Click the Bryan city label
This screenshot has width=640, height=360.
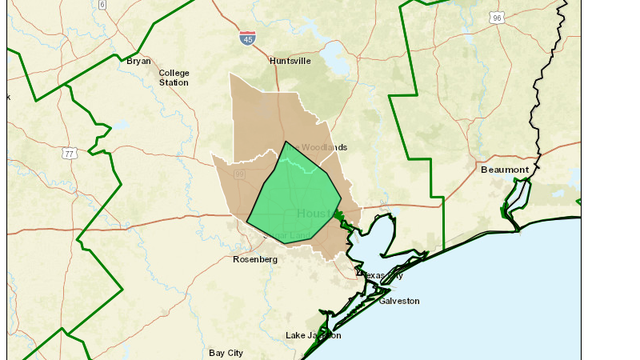click(x=138, y=61)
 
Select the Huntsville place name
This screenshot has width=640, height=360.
click(x=290, y=61)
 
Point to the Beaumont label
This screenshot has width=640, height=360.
click(x=505, y=170)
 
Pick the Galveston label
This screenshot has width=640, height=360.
click(x=399, y=300)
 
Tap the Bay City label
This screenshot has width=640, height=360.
click(x=226, y=353)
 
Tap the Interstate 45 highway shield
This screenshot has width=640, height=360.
click(x=247, y=37)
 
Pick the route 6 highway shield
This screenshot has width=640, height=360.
click(x=101, y=4)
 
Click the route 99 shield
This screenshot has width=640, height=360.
click(x=240, y=175)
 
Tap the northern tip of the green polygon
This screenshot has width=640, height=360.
click(x=287, y=142)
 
